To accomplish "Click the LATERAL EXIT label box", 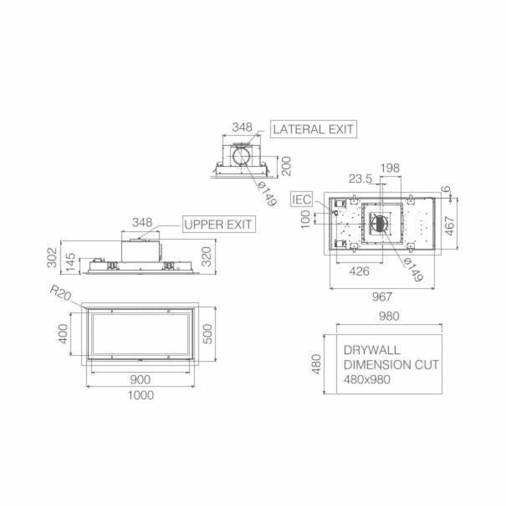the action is [x=313, y=129].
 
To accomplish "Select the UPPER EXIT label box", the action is [x=219, y=224].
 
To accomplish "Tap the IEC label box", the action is [x=302, y=200].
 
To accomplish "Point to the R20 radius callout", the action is [x=60, y=294].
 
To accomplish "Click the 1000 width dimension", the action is [x=141, y=395].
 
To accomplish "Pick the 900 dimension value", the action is [x=140, y=379].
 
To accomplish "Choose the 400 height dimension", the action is [x=64, y=334].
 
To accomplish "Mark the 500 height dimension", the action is [x=208, y=334].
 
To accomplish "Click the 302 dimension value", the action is [x=52, y=257].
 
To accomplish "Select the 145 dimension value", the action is [x=70, y=262].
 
